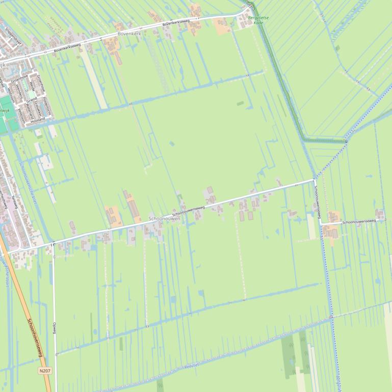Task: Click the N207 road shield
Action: coord(45,371)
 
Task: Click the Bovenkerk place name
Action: coord(128,34)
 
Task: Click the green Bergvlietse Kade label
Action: coord(258,20)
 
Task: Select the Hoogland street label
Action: coord(38,120)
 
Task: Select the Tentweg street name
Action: coord(15,203)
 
